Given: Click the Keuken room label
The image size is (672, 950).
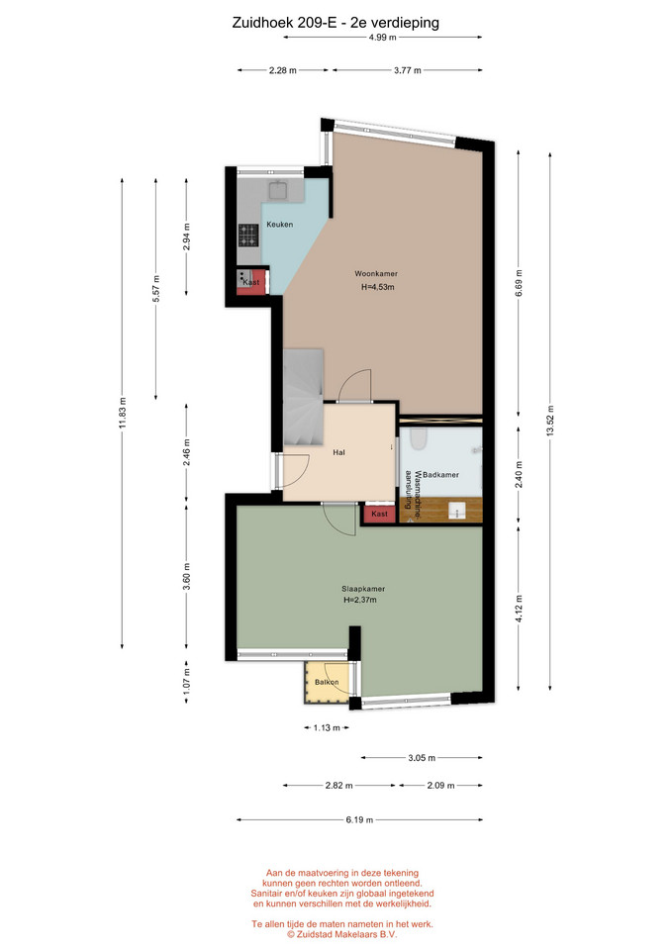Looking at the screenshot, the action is point(279,225).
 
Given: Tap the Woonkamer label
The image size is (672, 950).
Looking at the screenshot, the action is point(376,274).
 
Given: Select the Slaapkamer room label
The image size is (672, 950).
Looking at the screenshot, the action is point(363,588).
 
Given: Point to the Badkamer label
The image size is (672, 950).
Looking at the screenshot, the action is point(440,475).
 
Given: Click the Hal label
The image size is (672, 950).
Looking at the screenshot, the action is point(338,452).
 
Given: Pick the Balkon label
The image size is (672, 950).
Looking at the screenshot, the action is point(327,682).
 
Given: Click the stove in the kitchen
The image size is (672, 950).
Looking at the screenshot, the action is point(248,236).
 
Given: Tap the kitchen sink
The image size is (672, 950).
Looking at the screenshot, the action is point(279,191).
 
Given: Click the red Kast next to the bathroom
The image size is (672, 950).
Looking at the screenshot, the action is point(379,514).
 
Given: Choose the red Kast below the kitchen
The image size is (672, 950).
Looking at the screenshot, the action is point(251,282).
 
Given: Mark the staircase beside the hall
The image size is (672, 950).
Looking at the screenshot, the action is point(303,398).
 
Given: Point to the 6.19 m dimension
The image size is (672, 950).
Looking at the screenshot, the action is point(359,819).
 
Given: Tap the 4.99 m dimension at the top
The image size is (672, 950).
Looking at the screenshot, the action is point(382,37).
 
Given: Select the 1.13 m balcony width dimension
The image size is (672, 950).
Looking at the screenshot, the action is point(327,727).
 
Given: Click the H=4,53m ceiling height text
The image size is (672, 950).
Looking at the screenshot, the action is point(377,287).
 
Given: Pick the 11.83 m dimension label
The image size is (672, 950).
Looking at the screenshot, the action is point(123,413).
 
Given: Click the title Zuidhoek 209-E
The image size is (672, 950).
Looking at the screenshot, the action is point(284,23).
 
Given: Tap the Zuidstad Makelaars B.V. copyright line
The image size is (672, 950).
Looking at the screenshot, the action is point(342,934).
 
